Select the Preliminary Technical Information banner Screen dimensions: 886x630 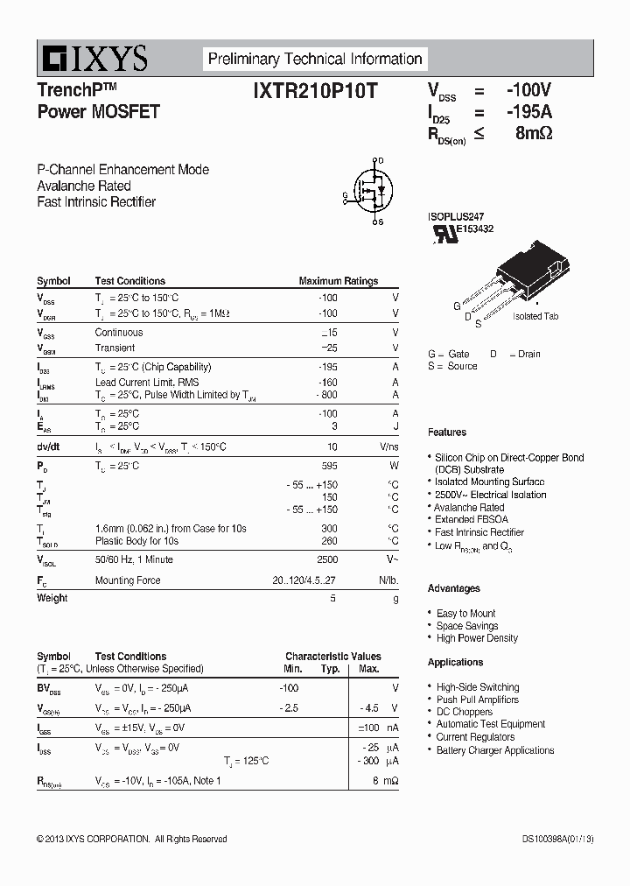tap(315, 59)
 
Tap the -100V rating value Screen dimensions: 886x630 tap(528, 90)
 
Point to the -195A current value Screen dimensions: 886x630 tap(528, 112)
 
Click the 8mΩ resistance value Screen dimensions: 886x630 tap(534, 134)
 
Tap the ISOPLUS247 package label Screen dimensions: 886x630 tap(456, 216)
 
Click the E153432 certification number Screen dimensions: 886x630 tap(474, 229)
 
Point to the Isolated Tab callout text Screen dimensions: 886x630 tap(535, 317)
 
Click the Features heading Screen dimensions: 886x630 tap(447, 432)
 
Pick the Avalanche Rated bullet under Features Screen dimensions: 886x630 tap(470, 507)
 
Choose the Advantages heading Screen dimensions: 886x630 tap(454, 588)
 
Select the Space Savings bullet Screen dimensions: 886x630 tap(467, 626)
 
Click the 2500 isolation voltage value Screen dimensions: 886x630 tap(326, 559)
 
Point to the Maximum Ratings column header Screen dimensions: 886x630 tap(339, 281)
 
